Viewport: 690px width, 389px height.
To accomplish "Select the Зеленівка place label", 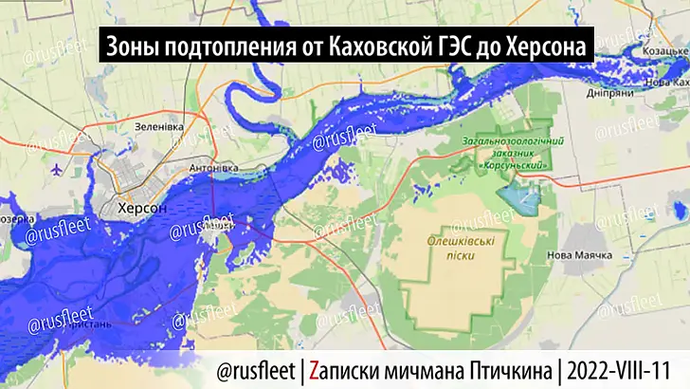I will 158,125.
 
